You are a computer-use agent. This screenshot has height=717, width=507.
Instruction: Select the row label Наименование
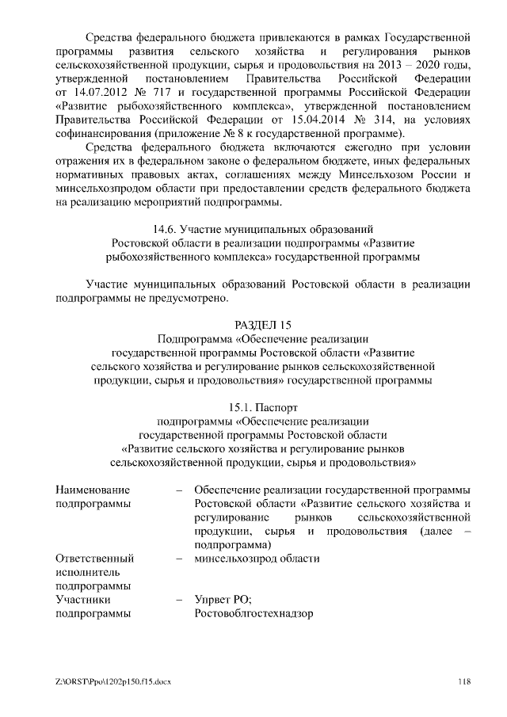point(92,489)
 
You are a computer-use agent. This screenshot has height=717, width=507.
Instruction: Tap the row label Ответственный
point(93,558)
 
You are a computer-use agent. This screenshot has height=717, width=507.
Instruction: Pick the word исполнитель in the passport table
point(87,571)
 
